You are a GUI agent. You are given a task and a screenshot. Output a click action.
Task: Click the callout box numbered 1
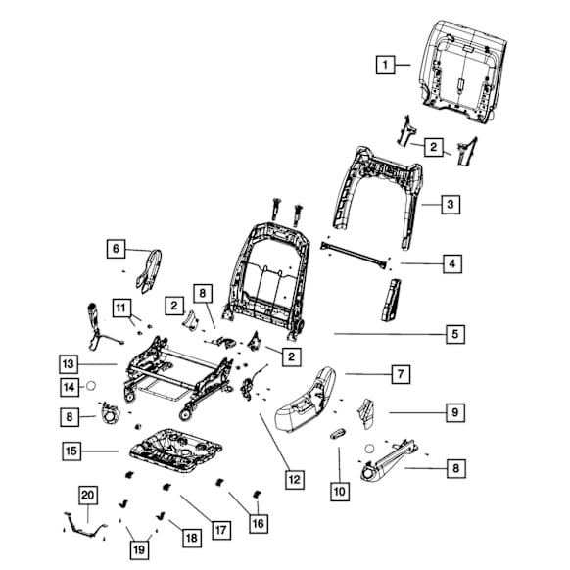(x=385, y=65)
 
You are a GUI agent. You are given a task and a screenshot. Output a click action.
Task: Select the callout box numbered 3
(x=451, y=205)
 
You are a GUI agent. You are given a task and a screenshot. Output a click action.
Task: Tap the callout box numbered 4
(x=452, y=263)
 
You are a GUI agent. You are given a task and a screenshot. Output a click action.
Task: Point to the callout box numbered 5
(x=455, y=334)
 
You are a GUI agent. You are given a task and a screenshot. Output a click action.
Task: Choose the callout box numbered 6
(x=116, y=249)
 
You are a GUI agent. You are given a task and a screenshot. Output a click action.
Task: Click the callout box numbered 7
(x=401, y=374)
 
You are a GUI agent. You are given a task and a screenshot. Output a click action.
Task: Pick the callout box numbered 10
(x=340, y=492)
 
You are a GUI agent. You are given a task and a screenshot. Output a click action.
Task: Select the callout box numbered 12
(x=295, y=480)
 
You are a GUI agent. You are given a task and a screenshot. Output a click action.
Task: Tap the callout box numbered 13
(x=69, y=364)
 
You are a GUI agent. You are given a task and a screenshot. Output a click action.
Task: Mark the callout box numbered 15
(x=71, y=451)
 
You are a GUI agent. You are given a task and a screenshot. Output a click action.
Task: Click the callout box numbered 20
(x=88, y=496)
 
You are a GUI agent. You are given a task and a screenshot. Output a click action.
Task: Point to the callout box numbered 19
(x=139, y=550)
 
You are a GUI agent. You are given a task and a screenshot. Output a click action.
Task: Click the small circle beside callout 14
(x=91, y=386)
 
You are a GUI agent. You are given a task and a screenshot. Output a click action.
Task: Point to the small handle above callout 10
(x=338, y=434)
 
